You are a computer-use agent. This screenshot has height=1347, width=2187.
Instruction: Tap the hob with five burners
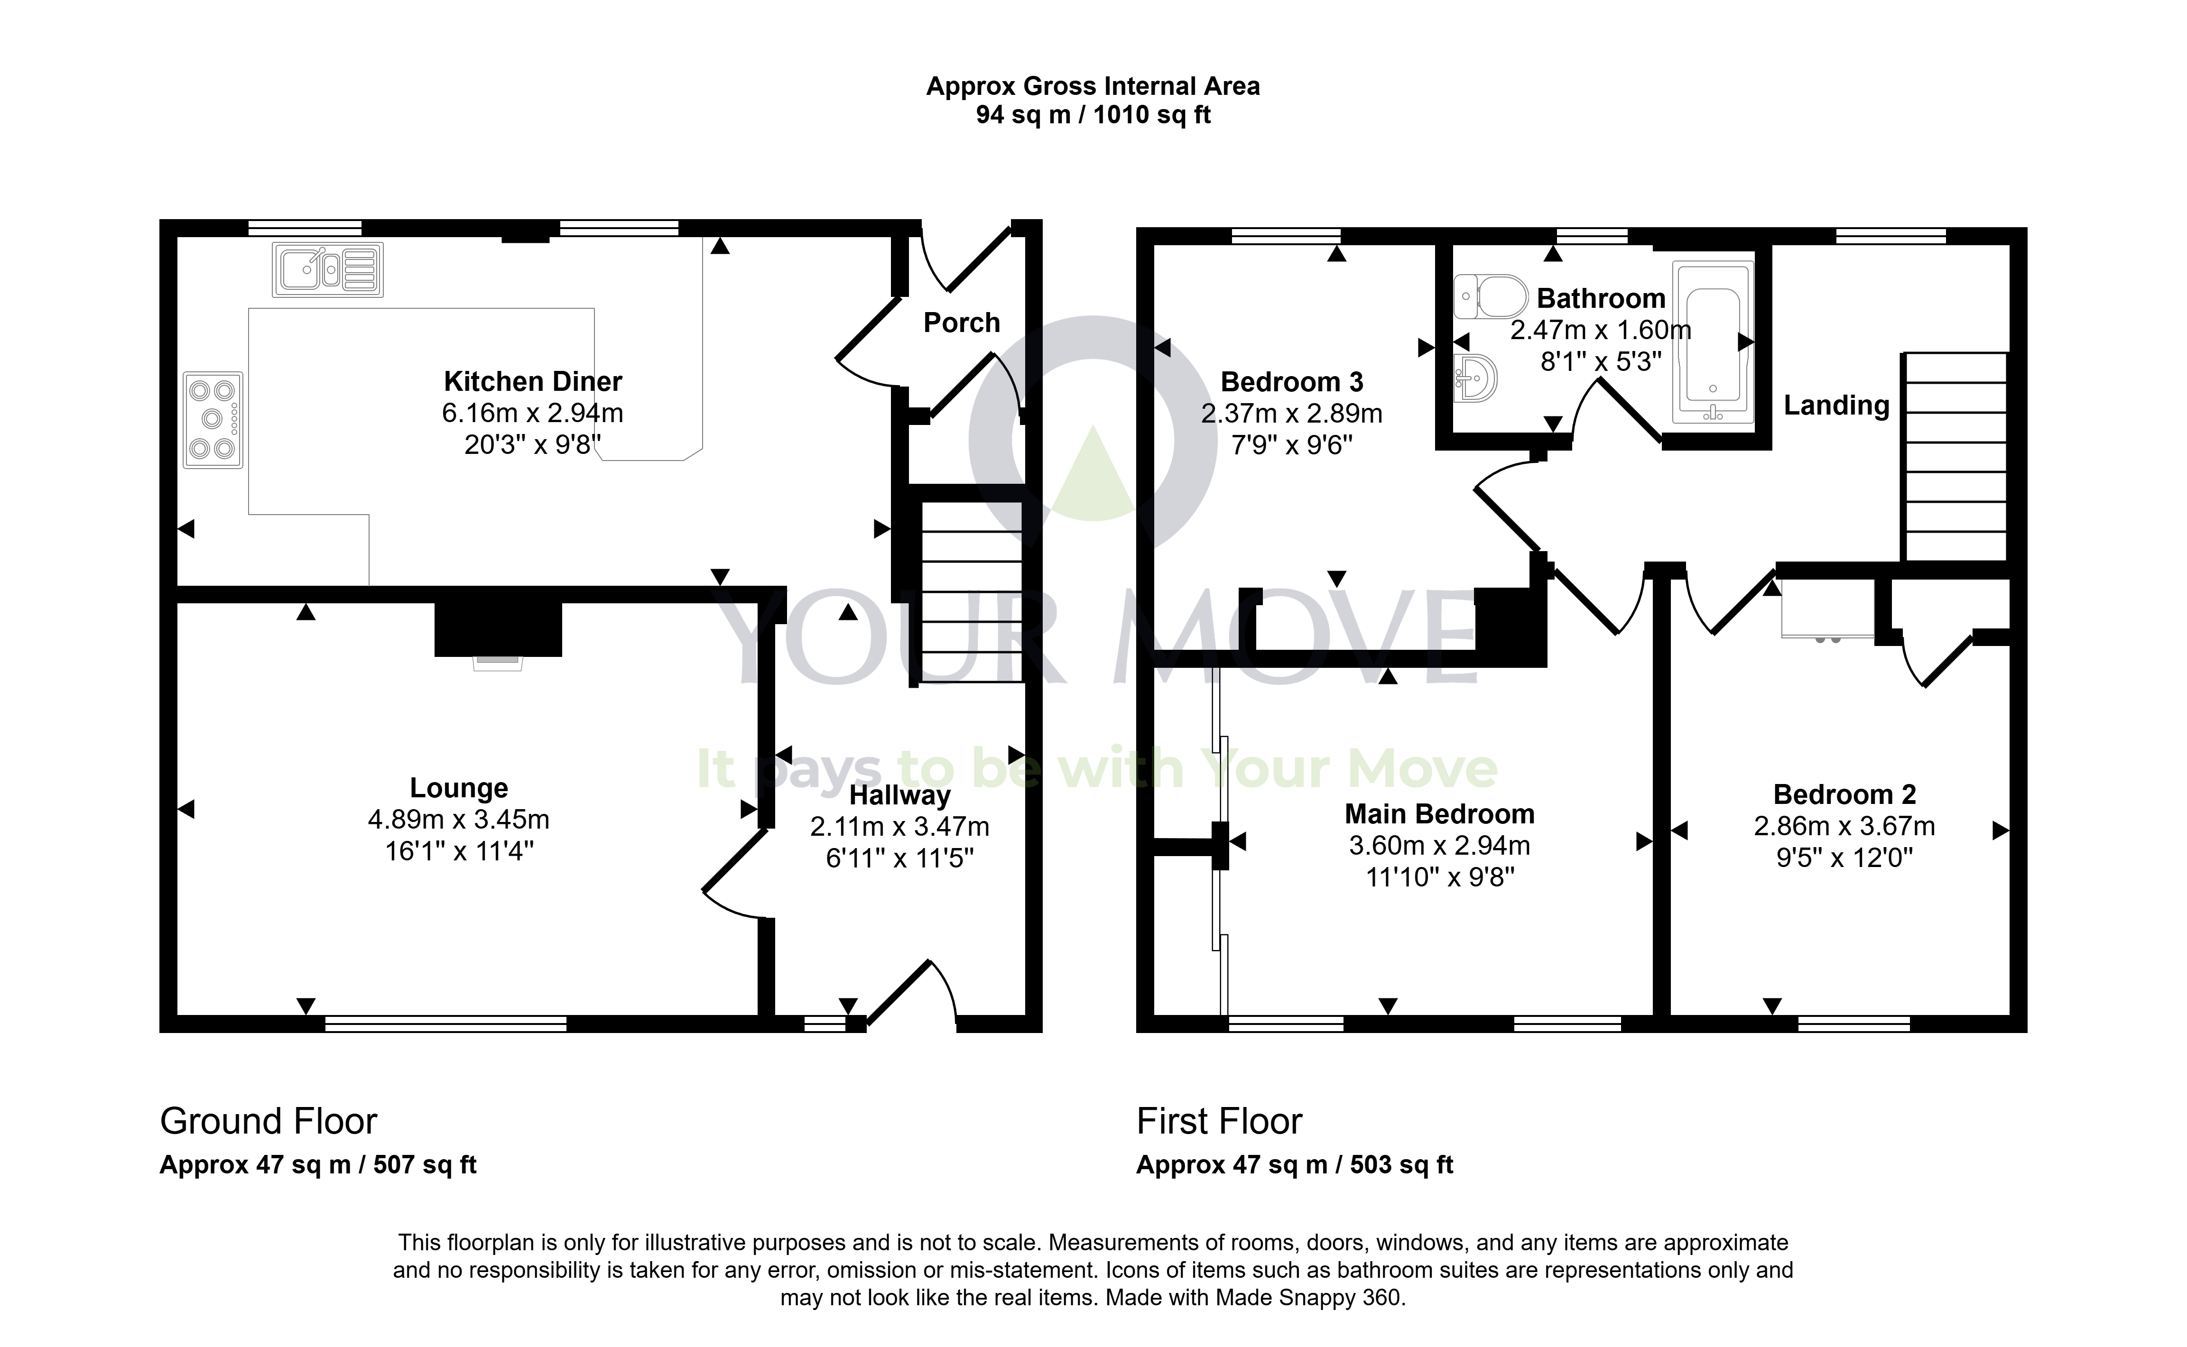(213, 420)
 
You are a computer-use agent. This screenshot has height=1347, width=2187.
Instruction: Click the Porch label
(961, 323)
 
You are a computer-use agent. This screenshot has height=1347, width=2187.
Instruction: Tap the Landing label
(1836, 406)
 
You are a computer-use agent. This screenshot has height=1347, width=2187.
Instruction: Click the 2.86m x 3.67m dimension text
(1844, 826)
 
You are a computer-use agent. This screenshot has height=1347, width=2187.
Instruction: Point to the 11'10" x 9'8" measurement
(1440, 877)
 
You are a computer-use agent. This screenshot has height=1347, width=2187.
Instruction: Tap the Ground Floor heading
(268, 1121)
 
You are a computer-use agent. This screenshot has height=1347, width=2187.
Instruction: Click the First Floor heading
(1219, 1121)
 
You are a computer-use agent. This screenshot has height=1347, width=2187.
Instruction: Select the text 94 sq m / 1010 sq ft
(1093, 115)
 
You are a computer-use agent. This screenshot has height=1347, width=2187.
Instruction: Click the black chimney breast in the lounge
(498, 629)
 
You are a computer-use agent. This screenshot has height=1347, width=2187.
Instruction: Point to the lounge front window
(445, 1024)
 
